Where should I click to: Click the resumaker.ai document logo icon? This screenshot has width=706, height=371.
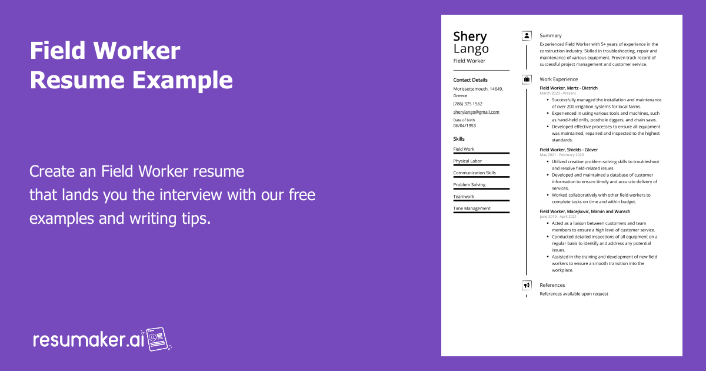pyautogui.click(x=158, y=339)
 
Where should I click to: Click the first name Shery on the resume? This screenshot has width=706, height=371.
pyautogui.click(x=469, y=37)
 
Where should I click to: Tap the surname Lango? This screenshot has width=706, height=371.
pyautogui.click(x=471, y=49)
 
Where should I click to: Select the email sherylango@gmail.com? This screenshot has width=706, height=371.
pyautogui.click(x=476, y=112)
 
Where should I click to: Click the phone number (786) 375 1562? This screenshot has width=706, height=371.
pyautogui.click(x=468, y=104)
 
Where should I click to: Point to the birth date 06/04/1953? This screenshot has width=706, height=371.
pyautogui.click(x=464, y=125)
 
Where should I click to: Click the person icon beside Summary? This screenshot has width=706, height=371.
pyautogui.click(x=527, y=35)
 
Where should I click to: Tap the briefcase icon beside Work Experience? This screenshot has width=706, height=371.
pyautogui.click(x=527, y=79)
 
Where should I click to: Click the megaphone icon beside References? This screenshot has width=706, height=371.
pyautogui.click(x=527, y=285)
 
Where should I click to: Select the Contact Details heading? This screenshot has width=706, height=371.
pyautogui.click(x=470, y=79)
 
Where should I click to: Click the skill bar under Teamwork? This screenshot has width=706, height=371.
pyautogui.click(x=481, y=201)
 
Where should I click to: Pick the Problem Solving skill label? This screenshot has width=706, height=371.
pyautogui.click(x=469, y=185)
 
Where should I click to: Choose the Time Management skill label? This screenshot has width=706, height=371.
pyautogui.click(x=471, y=208)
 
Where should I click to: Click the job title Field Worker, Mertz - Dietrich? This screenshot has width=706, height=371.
pyautogui.click(x=568, y=88)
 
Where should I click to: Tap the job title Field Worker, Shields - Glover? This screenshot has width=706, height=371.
pyautogui.click(x=568, y=150)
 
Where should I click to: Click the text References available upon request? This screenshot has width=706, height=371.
pyautogui.click(x=574, y=294)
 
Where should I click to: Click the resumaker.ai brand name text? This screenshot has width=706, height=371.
pyautogui.click(x=88, y=340)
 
